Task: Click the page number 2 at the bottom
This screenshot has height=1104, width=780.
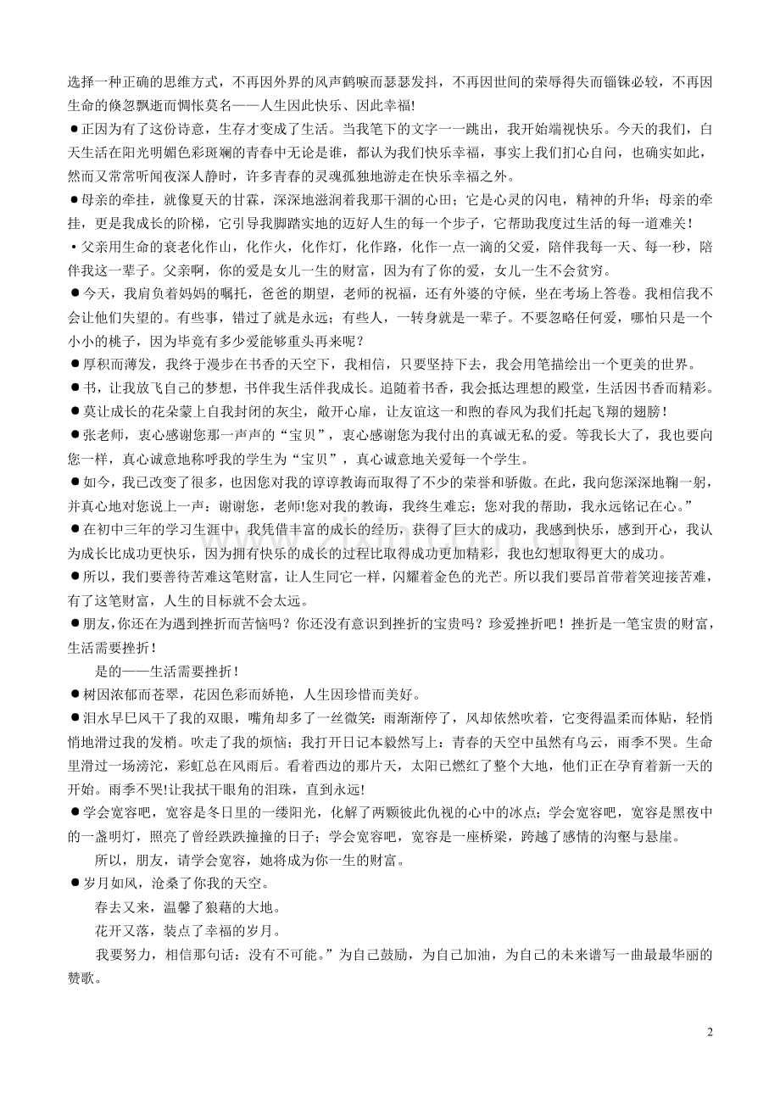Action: point(710,1032)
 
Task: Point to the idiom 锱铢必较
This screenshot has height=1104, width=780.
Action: point(634,83)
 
